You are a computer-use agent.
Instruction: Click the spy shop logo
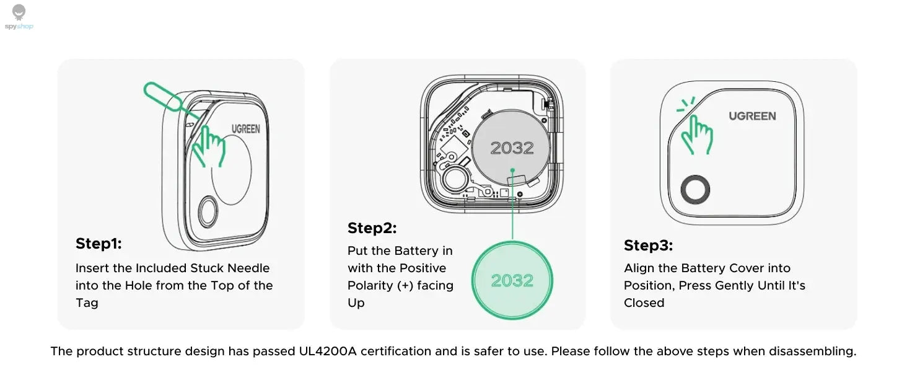click(19, 17)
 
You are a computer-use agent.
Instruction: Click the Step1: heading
click(99, 244)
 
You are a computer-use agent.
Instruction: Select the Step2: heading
click(372, 228)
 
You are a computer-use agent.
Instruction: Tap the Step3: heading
click(648, 246)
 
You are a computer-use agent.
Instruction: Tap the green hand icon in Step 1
click(208, 145)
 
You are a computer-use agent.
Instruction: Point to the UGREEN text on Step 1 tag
click(246, 129)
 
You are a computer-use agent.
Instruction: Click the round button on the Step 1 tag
click(208, 213)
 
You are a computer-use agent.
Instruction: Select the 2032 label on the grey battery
click(512, 148)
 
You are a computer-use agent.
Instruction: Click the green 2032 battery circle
click(512, 280)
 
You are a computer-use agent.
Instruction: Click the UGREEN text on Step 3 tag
click(751, 116)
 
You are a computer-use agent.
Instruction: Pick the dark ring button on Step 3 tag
click(694, 190)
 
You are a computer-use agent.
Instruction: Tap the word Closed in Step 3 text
click(644, 303)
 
